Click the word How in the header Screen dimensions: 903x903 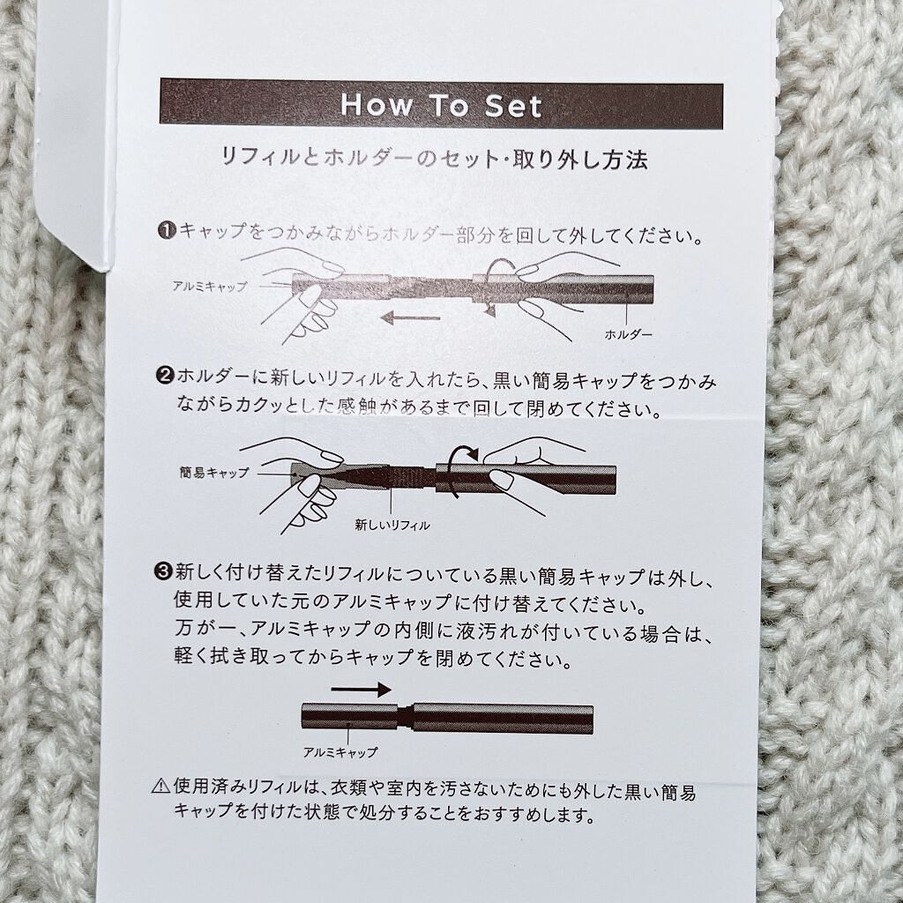pos(377,106)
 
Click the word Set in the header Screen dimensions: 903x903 pos(513,106)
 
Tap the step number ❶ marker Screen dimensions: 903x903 pos(167,231)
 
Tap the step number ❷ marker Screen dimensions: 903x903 pos(165,377)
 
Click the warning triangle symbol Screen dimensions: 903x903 pos(161,786)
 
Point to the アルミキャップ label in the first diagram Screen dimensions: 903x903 pos(210,286)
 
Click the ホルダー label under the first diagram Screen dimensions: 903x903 pos(628,334)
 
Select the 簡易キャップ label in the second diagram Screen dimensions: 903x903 pos(214,473)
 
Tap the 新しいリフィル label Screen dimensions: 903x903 pos(392,525)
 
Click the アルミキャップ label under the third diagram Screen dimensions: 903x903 pos(340,752)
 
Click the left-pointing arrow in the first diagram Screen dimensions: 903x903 pos(411,317)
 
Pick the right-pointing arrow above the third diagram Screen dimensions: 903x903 pos(361,689)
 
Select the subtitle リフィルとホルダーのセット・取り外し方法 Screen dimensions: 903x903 pos(435,159)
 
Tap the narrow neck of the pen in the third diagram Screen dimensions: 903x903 pos(406,718)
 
